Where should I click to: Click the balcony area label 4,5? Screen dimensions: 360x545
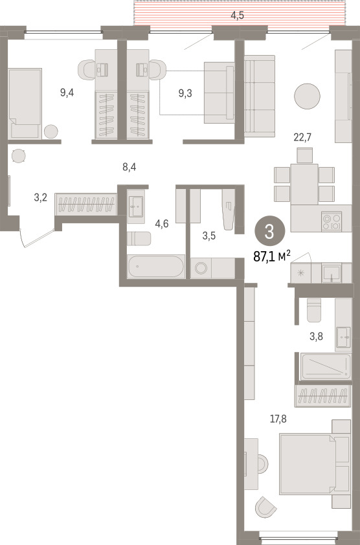(x=237, y=16)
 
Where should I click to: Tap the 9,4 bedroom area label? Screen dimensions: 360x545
(x=67, y=93)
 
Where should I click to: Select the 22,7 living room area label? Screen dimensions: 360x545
(x=302, y=137)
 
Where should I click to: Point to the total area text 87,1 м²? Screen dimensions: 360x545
(x=272, y=256)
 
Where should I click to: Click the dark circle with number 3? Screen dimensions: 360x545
(x=269, y=232)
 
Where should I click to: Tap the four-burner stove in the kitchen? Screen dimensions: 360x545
(x=332, y=221)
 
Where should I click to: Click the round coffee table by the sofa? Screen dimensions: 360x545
(x=307, y=96)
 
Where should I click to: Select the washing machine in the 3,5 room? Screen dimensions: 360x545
(x=201, y=268)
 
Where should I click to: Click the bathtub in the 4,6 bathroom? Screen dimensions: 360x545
(x=155, y=267)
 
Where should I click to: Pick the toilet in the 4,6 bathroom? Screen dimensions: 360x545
(x=139, y=238)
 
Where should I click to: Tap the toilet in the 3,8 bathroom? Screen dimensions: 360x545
(x=314, y=310)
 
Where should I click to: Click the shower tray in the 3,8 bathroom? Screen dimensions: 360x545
(x=326, y=366)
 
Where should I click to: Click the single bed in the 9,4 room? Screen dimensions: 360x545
(x=25, y=104)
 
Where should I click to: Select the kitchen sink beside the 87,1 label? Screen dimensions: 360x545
(x=332, y=273)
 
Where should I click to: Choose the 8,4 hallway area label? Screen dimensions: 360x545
(x=129, y=167)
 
